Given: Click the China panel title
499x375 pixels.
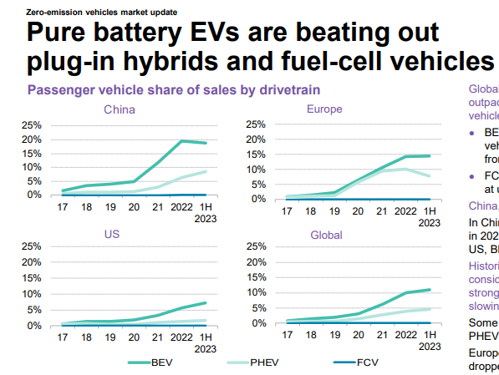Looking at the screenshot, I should tap(120, 109).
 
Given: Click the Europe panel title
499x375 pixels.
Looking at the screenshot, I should tap(323, 109).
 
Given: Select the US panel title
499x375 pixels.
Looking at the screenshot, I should tap(111, 234).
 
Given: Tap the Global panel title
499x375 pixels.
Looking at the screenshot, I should tap(326, 235).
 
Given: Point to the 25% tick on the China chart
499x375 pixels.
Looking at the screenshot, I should tap(31, 125).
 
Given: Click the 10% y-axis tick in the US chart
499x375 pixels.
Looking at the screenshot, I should tap(31, 294).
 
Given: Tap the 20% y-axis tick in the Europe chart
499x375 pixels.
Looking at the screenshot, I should tap(253, 140).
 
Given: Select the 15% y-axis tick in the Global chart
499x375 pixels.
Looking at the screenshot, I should tap(253, 278).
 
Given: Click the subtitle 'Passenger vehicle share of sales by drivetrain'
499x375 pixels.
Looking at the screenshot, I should tap(175, 89).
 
